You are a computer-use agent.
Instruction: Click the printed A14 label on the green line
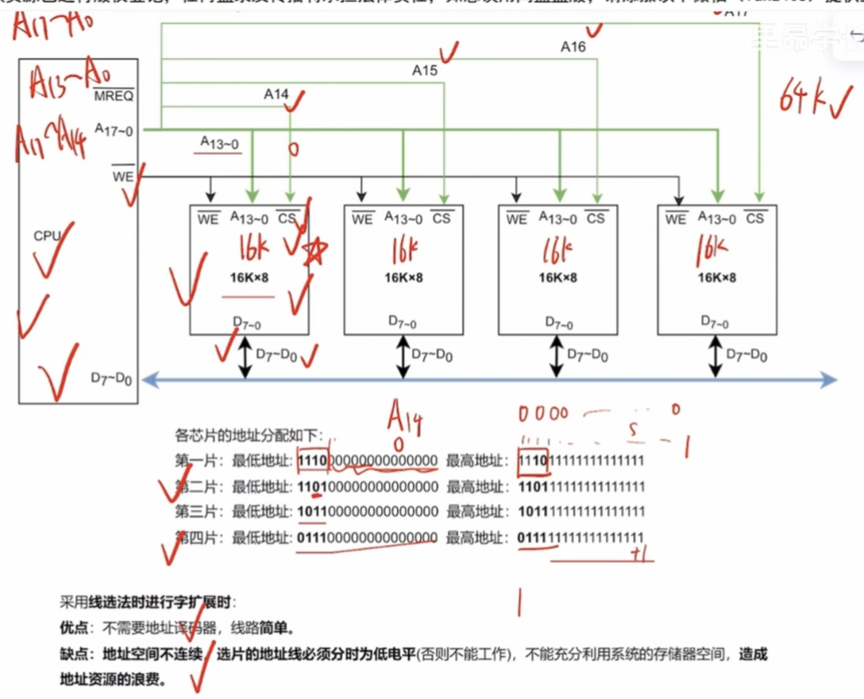(276, 95)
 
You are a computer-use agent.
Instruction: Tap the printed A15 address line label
(425, 71)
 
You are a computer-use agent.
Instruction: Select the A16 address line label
(573, 47)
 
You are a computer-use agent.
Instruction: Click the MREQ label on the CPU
(114, 96)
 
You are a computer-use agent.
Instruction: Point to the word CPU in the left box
(47, 236)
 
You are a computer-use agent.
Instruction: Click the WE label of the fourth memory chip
(676, 218)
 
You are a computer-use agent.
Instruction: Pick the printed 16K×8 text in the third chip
(557, 278)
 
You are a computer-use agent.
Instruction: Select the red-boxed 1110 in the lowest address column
(312, 461)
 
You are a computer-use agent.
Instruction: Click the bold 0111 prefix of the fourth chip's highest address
(532, 539)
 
